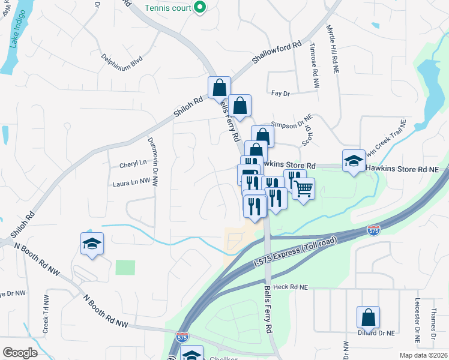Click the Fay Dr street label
pyautogui.click(x=280, y=94)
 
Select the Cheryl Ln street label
pyautogui.click(x=133, y=163)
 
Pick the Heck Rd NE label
pyautogui.click(x=290, y=287)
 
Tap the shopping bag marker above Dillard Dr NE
pyautogui.click(x=368, y=317)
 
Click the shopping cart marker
pyautogui.click(x=304, y=188)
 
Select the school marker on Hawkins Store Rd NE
pyautogui.click(x=354, y=160)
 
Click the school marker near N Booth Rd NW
pyautogui.click(x=92, y=244)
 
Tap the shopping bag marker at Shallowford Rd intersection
pyautogui.click(x=219, y=88)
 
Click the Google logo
pyautogui.click(x=20, y=353)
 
